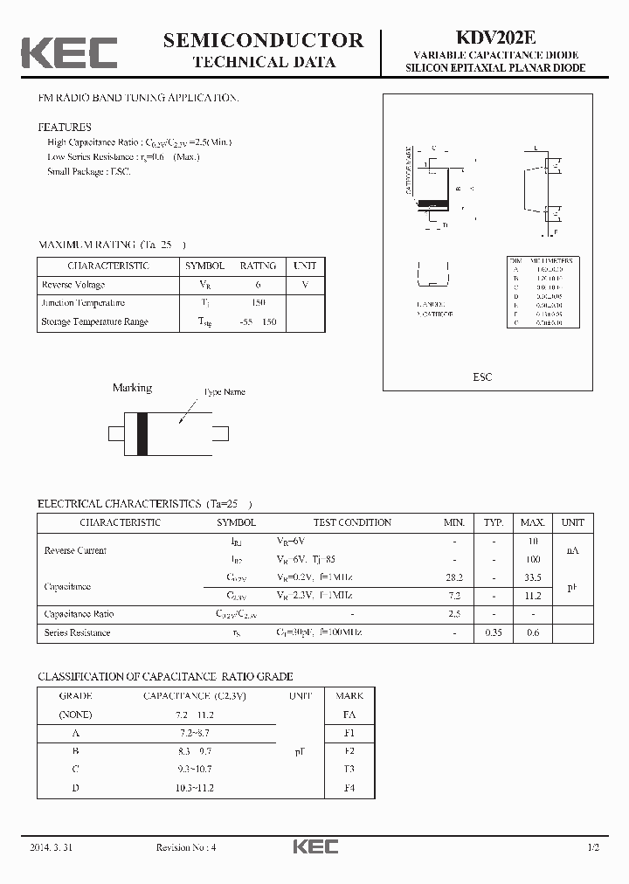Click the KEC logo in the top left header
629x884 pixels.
coord(69,52)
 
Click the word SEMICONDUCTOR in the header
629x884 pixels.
coord(263,40)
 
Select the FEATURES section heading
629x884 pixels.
coord(64,128)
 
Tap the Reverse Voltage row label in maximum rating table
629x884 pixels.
coord(73,285)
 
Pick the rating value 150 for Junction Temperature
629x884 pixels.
coord(257,303)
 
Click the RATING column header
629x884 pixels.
coord(258,266)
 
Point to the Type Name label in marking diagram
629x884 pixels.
coord(224,392)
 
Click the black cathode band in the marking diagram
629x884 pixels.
coord(142,432)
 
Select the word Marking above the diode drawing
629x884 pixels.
coord(132,388)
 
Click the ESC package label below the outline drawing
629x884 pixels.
coord(482,376)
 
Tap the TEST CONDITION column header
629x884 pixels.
coord(352,522)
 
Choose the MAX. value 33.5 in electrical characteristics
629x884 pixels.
coord(532,577)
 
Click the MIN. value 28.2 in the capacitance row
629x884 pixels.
coord(454,577)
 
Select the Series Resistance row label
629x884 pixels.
coord(77,632)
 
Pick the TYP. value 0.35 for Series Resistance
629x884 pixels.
coord(494,632)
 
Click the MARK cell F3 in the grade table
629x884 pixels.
coord(349,769)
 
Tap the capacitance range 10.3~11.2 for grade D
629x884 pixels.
coord(194,788)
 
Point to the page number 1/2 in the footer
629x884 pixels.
coord(593,847)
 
